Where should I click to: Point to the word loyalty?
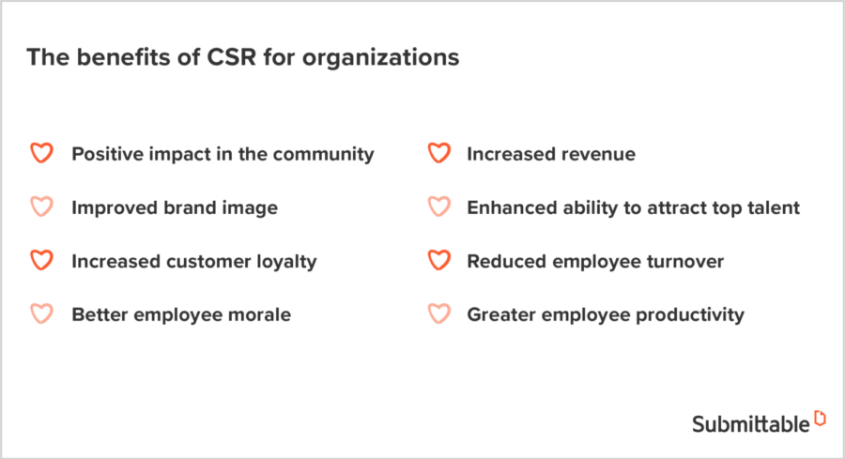[x=284, y=262]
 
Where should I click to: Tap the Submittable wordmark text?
[x=750, y=423]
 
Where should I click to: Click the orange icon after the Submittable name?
[x=820, y=419]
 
